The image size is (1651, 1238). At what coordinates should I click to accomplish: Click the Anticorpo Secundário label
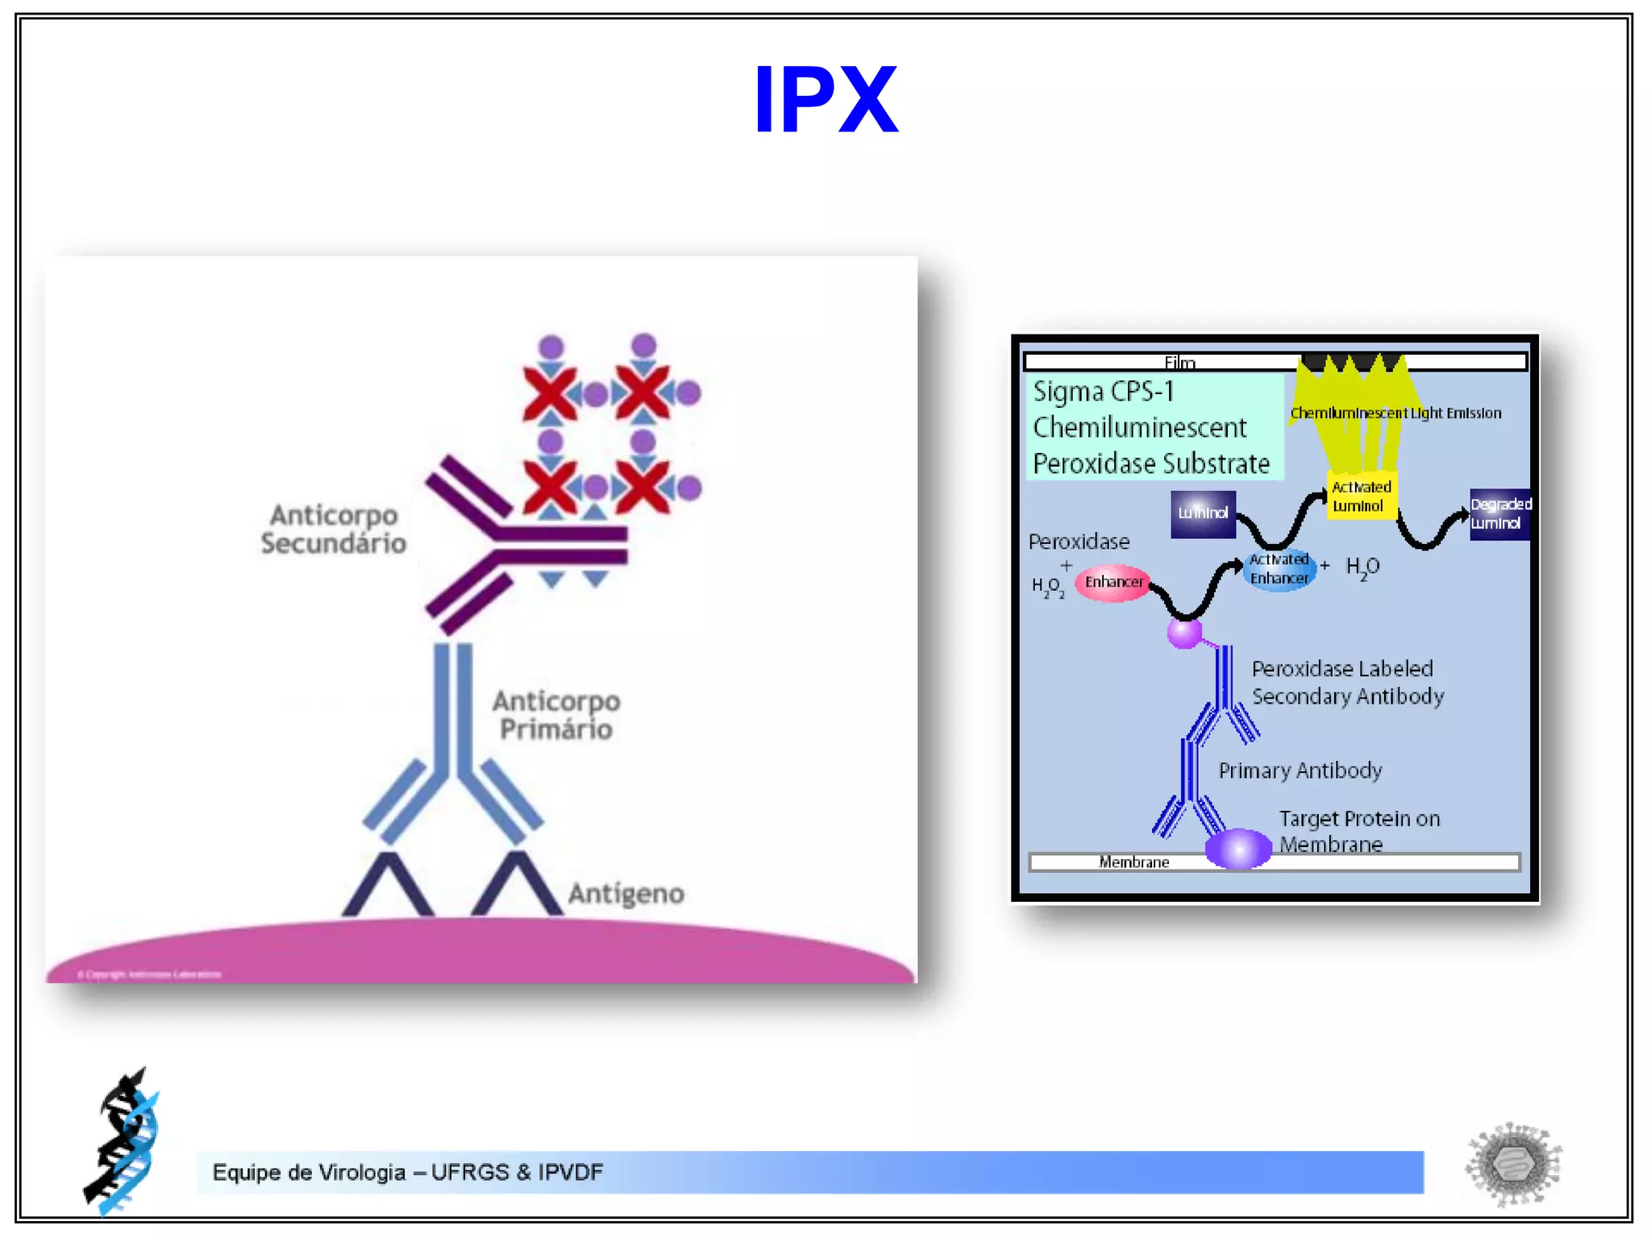click(333, 529)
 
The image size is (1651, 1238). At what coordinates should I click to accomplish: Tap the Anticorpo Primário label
click(556, 715)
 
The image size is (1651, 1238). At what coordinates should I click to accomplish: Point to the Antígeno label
click(626, 893)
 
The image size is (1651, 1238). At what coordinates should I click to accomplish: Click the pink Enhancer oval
click(1113, 582)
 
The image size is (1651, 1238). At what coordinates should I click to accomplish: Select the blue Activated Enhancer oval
click(1279, 569)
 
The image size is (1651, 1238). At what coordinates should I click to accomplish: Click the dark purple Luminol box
click(1203, 513)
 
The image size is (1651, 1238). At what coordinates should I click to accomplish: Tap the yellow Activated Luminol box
click(1361, 496)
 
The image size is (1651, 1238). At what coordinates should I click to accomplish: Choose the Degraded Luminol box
click(1499, 513)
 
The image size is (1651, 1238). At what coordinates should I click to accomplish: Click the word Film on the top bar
click(1179, 363)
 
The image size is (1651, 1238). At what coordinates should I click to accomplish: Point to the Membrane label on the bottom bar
click(1133, 862)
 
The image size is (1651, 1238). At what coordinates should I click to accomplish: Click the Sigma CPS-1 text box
click(1153, 427)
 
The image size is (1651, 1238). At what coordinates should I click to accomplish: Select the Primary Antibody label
click(1300, 771)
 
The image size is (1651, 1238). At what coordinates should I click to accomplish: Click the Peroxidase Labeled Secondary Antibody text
click(1347, 682)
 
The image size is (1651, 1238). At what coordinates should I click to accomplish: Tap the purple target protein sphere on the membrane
click(1238, 848)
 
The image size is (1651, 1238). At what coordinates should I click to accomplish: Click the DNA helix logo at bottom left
click(123, 1140)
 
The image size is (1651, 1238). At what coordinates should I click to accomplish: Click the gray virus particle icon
click(1513, 1163)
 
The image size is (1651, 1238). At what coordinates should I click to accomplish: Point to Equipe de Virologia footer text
click(407, 1172)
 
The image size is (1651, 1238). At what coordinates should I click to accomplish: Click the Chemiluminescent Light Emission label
click(1395, 413)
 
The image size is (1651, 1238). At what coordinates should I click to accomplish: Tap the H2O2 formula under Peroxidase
click(1048, 588)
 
